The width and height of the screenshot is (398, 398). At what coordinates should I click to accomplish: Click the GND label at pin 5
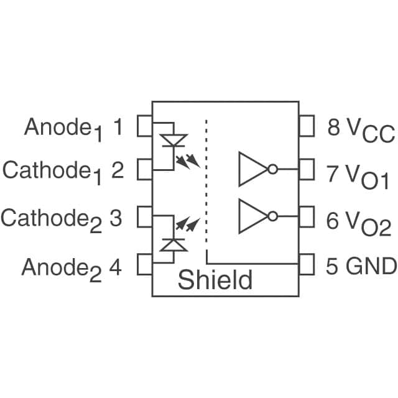coord(371,266)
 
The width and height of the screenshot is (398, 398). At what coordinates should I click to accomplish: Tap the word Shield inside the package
coord(215,280)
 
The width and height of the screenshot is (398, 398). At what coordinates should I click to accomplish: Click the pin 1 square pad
coord(145,126)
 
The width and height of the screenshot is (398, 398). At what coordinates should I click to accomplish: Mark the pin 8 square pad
coord(306,126)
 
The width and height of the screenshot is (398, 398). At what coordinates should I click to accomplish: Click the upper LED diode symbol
coord(173,141)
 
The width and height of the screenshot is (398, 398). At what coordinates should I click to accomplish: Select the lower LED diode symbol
coord(173,244)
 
